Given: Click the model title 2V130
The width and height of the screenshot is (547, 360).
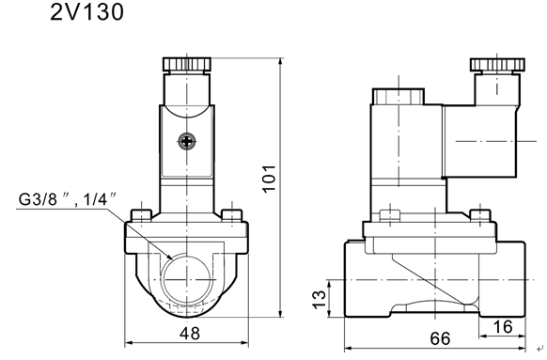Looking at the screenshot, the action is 86,12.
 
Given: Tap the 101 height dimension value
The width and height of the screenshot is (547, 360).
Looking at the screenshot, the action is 269,179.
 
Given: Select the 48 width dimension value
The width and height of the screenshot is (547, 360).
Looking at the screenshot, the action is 190,334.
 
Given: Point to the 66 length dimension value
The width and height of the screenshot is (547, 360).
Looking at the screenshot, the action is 440,338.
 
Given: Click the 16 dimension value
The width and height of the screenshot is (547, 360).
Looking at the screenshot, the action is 503,327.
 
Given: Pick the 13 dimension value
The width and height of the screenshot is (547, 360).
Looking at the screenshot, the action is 319,300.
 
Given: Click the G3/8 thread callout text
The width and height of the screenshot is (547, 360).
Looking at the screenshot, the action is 68,199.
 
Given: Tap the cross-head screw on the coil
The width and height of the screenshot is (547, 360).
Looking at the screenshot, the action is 187,141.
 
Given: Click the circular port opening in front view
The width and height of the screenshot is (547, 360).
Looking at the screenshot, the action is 187,279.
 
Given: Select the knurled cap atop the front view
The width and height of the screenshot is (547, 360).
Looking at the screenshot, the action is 187,64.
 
